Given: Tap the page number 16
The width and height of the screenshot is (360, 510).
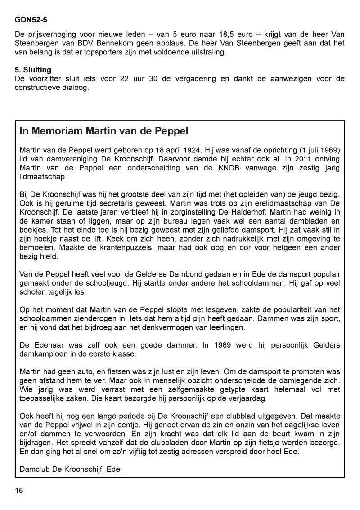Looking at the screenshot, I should pyautogui.click(x=19, y=490).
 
